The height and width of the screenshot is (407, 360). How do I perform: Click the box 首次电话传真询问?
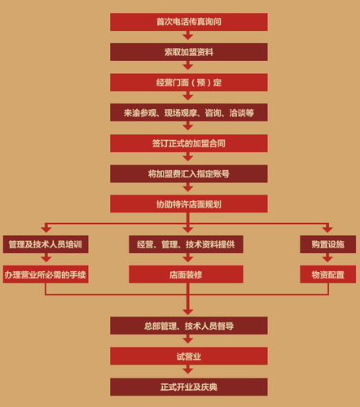(x=189, y=22)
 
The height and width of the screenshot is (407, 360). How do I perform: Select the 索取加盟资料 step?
(x=189, y=52)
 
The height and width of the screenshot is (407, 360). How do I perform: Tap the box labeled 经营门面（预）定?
(x=189, y=82)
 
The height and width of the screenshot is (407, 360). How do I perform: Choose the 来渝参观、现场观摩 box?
(x=189, y=112)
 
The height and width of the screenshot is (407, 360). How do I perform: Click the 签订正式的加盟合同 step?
(x=189, y=143)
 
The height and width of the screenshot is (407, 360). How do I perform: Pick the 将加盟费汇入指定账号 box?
(x=189, y=173)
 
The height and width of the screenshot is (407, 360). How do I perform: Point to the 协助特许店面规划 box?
(x=189, y=203)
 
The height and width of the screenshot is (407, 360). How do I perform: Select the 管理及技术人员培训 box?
(x=46, y=244)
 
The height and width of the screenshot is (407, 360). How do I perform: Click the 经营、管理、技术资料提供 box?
(x=186, y=244)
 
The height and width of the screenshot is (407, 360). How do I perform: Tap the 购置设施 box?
(x=328, y=244)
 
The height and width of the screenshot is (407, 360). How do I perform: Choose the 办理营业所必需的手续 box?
(x=46, y=274)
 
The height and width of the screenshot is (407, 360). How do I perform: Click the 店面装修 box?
(x=186, y=274)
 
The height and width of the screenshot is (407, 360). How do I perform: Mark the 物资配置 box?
(x=328, y=274)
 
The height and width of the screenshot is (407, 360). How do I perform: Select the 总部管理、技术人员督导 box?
(x=189, y=326)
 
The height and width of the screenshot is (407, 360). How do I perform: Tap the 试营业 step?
(x=189, y=356)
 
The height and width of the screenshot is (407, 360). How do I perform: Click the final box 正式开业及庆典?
(x=189, y=387)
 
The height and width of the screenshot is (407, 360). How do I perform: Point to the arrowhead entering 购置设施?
(x=327, y=230)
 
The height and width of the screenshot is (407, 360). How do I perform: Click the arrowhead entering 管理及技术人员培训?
(x=46, y=230)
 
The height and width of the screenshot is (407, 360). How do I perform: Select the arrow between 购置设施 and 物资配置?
(x=327, y=258)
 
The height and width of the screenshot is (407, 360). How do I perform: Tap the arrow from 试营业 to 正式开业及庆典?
(x=188, y=370)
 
